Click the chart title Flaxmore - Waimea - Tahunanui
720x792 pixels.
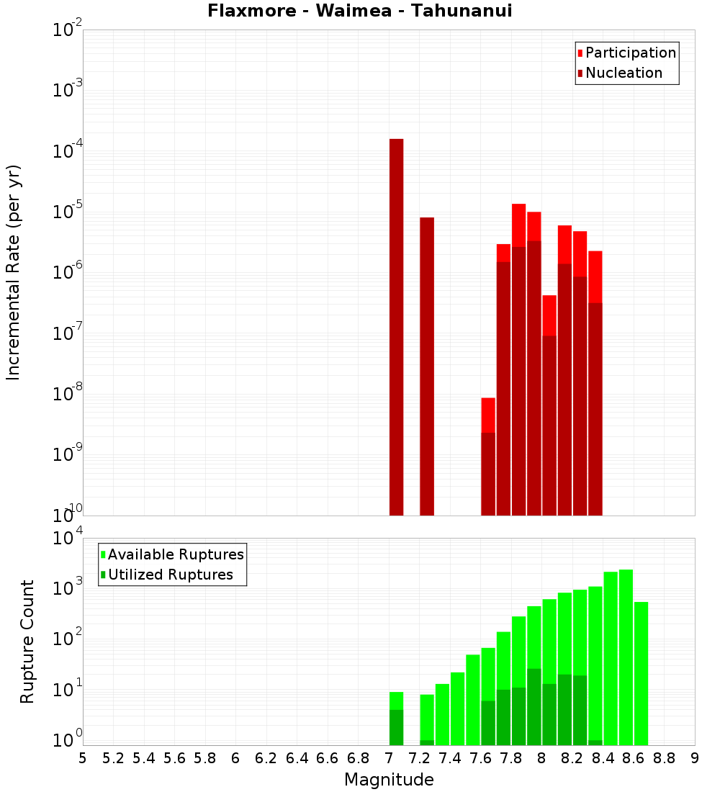click(x=359, y=11)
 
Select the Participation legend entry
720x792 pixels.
click(x=627, y=53)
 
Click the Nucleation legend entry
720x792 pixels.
click(x=620, y=73)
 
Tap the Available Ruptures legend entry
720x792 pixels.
click(x=172, y=554)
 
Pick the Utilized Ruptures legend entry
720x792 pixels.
click(x=166, y=575)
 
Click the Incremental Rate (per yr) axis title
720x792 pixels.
click(x=14, y=273)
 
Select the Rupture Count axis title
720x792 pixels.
click(x=27, y=642)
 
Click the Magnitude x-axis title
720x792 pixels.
click(x=389, y=780)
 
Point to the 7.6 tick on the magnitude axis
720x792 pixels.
click(x=480, y=758)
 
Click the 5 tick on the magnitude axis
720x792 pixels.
click(x=83, y=758)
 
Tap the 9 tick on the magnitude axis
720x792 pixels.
click(x=694, y=758)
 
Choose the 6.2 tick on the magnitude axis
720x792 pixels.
click(x=266, y=758)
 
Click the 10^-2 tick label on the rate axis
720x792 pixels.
click(x=68, y=30)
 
